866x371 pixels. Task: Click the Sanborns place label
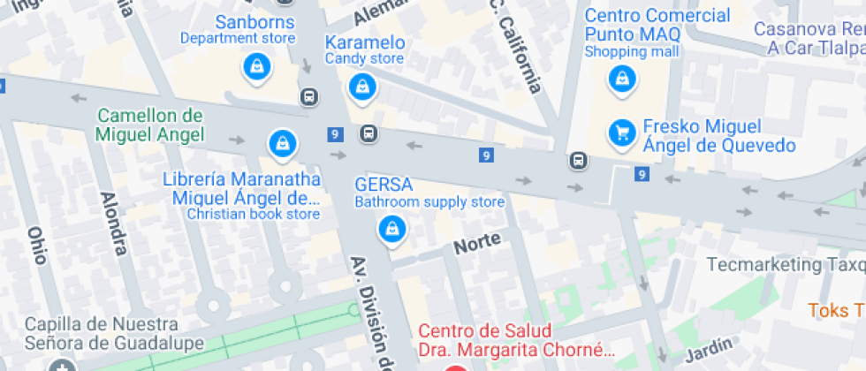238,21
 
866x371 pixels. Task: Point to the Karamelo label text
365,43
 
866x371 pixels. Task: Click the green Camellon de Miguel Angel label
150,125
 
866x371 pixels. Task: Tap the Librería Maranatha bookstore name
239,188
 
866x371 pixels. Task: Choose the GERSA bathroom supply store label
384,185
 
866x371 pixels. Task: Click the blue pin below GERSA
391,230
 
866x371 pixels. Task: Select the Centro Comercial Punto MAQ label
657,26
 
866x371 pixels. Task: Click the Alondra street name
113,223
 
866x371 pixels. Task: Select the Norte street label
477,242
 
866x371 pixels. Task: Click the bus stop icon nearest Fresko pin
578,161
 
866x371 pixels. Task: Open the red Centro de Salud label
515,340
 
